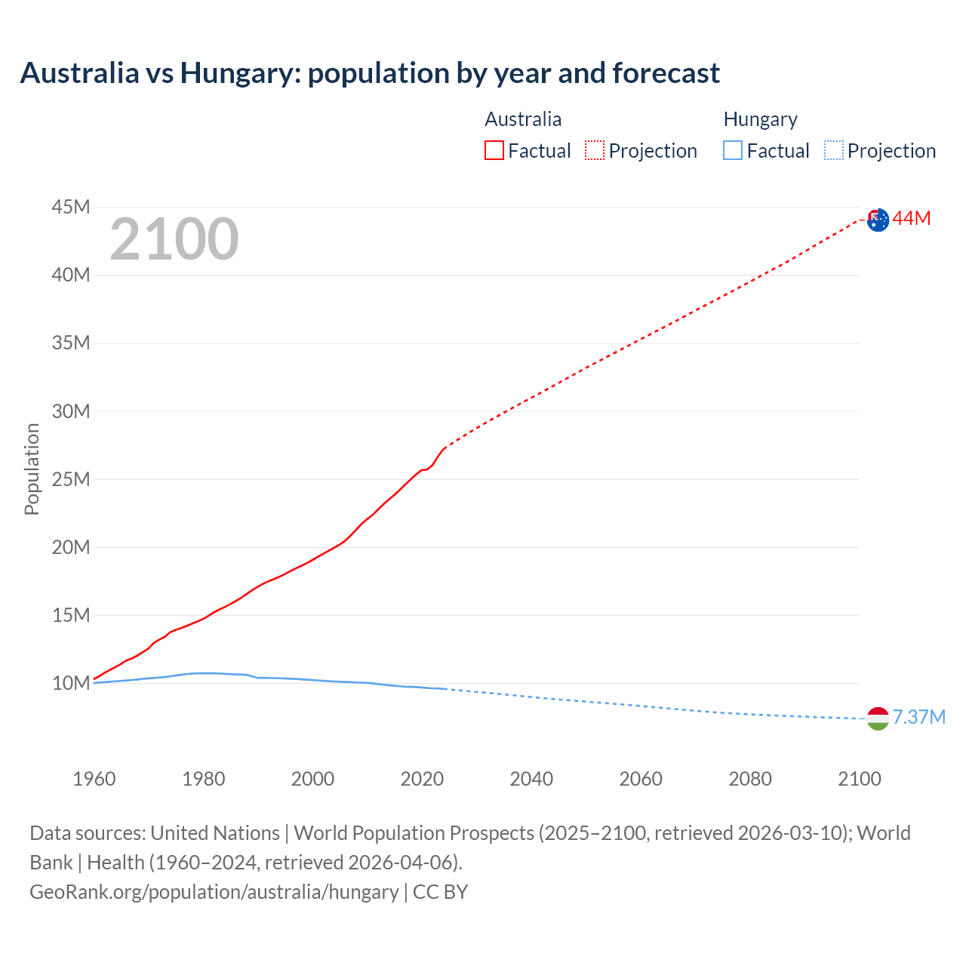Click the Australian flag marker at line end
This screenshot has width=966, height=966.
pyautogui.click(x=878, y=220)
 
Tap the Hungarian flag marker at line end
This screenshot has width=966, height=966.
pyautogui.click(x=878, y=718)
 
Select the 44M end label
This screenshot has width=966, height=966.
pyautogui.click(x=912, y=219)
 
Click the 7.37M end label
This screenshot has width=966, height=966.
pyautogui.click(x=918, y=717)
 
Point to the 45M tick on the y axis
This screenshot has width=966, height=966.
pyautogui.click(x=71, y=207)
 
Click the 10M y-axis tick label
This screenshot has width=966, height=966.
pyautogui.click(x=71, y=684)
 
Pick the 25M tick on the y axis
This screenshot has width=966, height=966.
pyautogui.click(x=71, y=479)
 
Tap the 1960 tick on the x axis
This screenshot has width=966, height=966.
pyautogui.click(x=94, y=779)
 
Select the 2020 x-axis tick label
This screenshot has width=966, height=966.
pyautogui.click(x=422, y=779)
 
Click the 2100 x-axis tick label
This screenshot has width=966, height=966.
pyautogui.click(x=859, y=779)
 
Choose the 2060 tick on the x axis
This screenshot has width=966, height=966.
pyautogui.click(x=641, y=779)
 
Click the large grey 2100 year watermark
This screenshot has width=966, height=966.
pyautogui.click(x=174, y=240)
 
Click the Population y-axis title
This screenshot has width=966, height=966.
pyautogui.click(x=32, y=469)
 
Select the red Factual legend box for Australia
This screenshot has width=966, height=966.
pyautogui.click(x=494, y=151)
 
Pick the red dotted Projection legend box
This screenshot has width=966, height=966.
pyautogui.click(x=595, y=151)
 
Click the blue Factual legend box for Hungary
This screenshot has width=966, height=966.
pyautogui.click(x=733, y=151)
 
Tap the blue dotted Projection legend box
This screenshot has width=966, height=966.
pyautogui.click(x=834, y=151)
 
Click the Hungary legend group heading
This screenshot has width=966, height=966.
pyautogui.click(x=760, y=119)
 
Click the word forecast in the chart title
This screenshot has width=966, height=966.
pyautogui.click(x=666, y=73)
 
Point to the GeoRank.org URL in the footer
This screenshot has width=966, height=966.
pyautogui.click(x=214, y=892)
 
